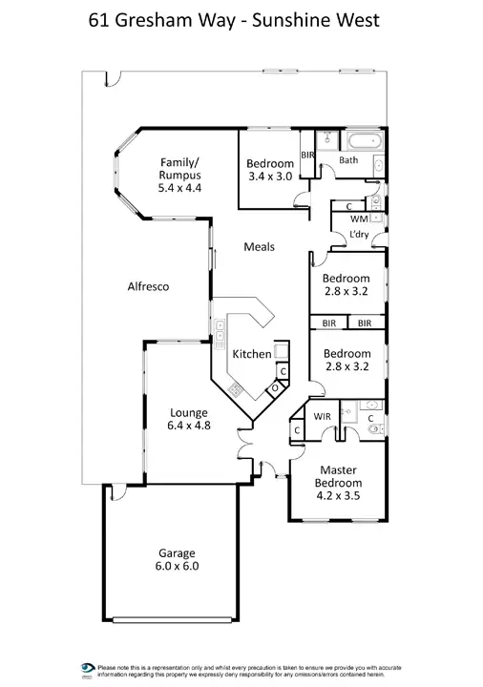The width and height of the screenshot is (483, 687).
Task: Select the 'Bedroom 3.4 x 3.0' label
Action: tap(268, 169)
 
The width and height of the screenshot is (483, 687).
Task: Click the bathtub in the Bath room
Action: tap(362, 141)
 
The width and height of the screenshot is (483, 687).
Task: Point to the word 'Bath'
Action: tap(348, 160)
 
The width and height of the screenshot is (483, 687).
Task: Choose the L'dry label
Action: tap(359, 234)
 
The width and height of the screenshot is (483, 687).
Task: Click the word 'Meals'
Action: tap(259, 247)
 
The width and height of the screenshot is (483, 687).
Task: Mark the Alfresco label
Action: tap(148, 285)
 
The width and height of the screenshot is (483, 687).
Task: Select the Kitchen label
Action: tap(253, 354)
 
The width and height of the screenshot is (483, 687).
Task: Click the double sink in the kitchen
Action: tap(220, 335)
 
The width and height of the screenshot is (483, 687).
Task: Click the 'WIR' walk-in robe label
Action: tap(322, 417)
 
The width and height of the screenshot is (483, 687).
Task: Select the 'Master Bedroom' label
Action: tap(338, 476)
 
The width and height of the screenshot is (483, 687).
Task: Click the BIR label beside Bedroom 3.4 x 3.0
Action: tap(307, 154)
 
